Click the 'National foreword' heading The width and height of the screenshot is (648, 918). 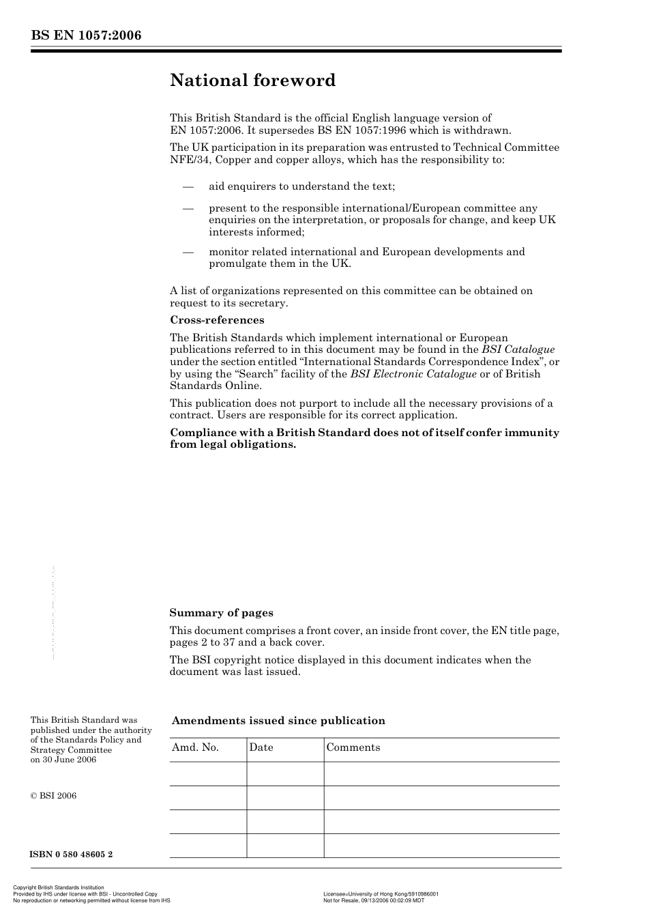(x=252, y=81)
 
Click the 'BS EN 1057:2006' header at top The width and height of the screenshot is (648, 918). (x=86, y=35)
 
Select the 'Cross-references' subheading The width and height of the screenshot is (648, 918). (x=217, y=320)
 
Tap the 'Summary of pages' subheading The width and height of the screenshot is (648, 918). (x=221, y=613)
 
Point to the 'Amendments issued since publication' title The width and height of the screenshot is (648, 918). (x=278, y=721)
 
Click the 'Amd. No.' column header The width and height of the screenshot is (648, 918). (x=195, y=747)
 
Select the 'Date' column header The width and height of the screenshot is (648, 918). (x=261, y=747)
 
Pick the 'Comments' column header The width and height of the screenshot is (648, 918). (x=353, y=747)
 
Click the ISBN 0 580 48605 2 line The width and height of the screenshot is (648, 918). (x=72, y=855)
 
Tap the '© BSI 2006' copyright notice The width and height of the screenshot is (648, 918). (x=53, y=796)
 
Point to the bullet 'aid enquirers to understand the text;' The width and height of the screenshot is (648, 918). (x=301, y=186)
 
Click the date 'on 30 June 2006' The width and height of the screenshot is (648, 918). (x=63, y=760)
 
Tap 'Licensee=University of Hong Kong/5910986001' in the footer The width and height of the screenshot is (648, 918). (x=381, y=893)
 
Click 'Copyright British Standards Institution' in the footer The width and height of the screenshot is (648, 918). (x=59, y=888)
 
